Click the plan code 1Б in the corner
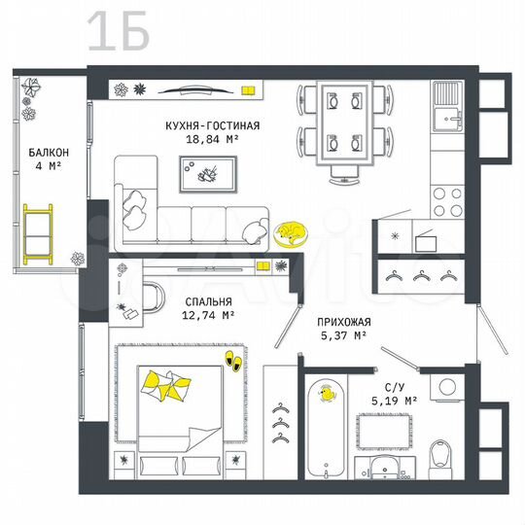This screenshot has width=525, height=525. [x=118, y=32]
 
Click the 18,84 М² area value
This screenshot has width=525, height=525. [x=212, y=140]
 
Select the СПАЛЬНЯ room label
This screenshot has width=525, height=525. [x=205, y=302]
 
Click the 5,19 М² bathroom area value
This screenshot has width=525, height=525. [x=396, y=399]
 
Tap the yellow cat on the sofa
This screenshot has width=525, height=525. [x=289, y=232]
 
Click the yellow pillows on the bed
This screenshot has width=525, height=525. [x=163, y=387]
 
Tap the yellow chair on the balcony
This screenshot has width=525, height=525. [x=40, y=231]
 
